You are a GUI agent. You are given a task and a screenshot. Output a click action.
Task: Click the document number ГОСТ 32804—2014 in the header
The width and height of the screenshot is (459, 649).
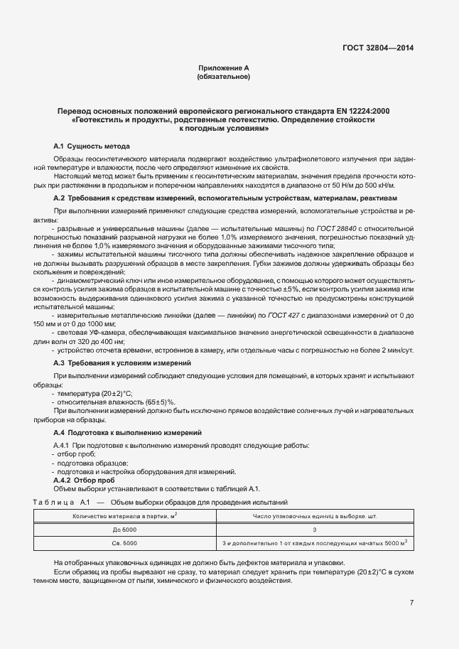coord(377,48)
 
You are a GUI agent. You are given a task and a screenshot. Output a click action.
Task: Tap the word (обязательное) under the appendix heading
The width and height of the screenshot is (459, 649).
coord(224,76)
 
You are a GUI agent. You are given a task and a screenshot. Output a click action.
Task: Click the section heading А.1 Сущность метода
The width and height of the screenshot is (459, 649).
coord(92,146)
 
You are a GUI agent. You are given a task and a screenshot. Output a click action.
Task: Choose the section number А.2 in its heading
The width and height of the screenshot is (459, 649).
coord(60,198)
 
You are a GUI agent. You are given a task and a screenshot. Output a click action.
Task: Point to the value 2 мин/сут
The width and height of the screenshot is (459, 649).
coord(399,350)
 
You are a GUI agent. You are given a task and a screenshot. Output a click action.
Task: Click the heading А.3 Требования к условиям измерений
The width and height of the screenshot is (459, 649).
coord(112,363)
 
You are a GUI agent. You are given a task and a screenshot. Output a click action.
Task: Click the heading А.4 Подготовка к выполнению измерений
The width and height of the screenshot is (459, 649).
coord(128,432)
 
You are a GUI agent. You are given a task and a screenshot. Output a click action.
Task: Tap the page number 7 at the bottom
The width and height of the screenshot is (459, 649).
coord(411,603)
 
